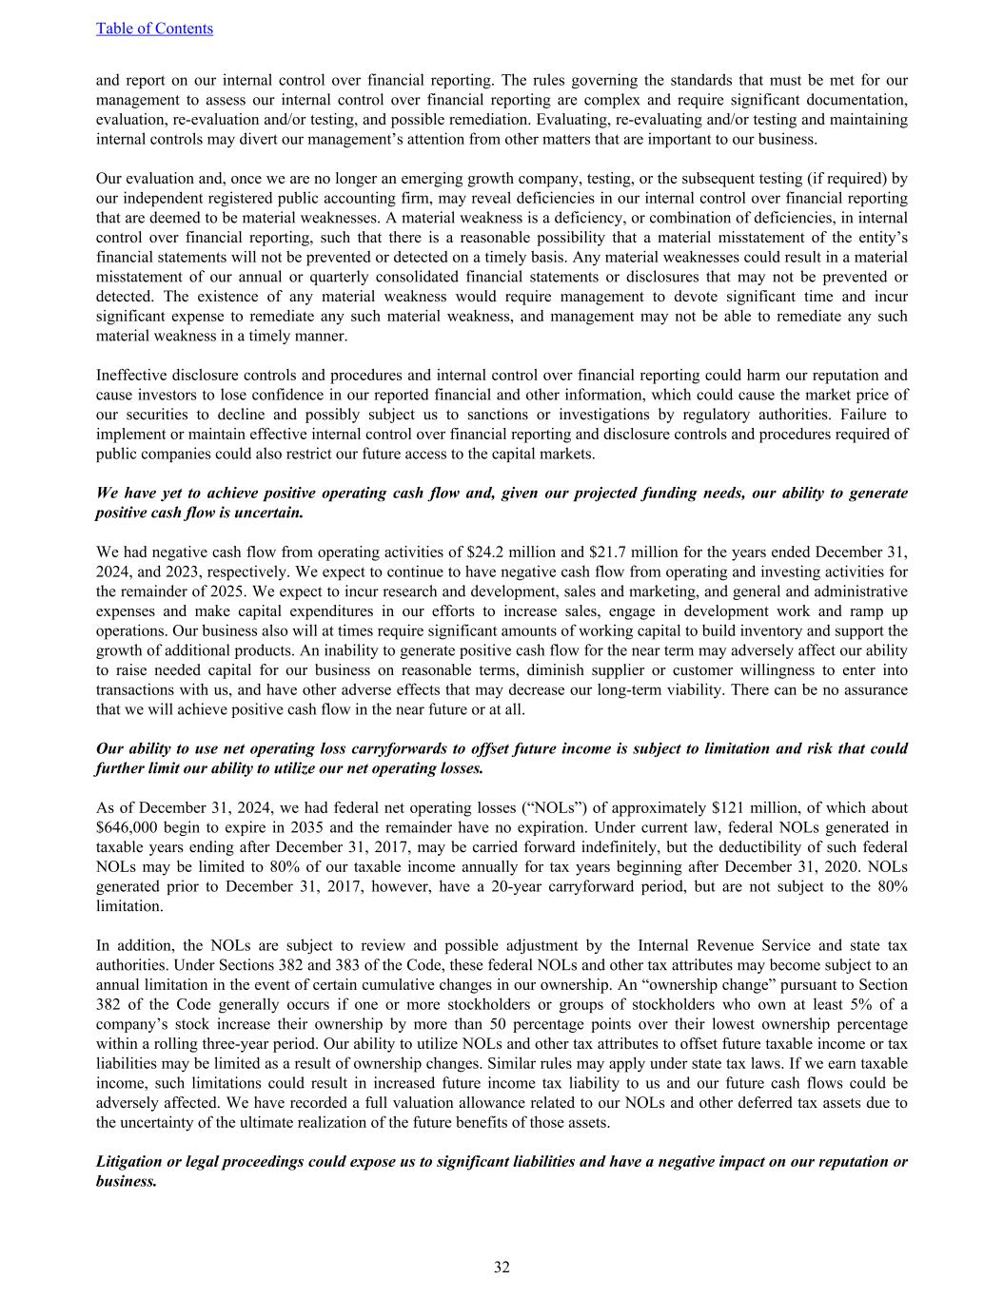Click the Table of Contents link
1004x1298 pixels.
(x=154, y=29)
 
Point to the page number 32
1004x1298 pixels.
(x=502, y=1267)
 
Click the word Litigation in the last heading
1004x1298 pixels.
(x=130, y=1162)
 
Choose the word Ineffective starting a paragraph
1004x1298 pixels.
(x=133, y=376)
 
